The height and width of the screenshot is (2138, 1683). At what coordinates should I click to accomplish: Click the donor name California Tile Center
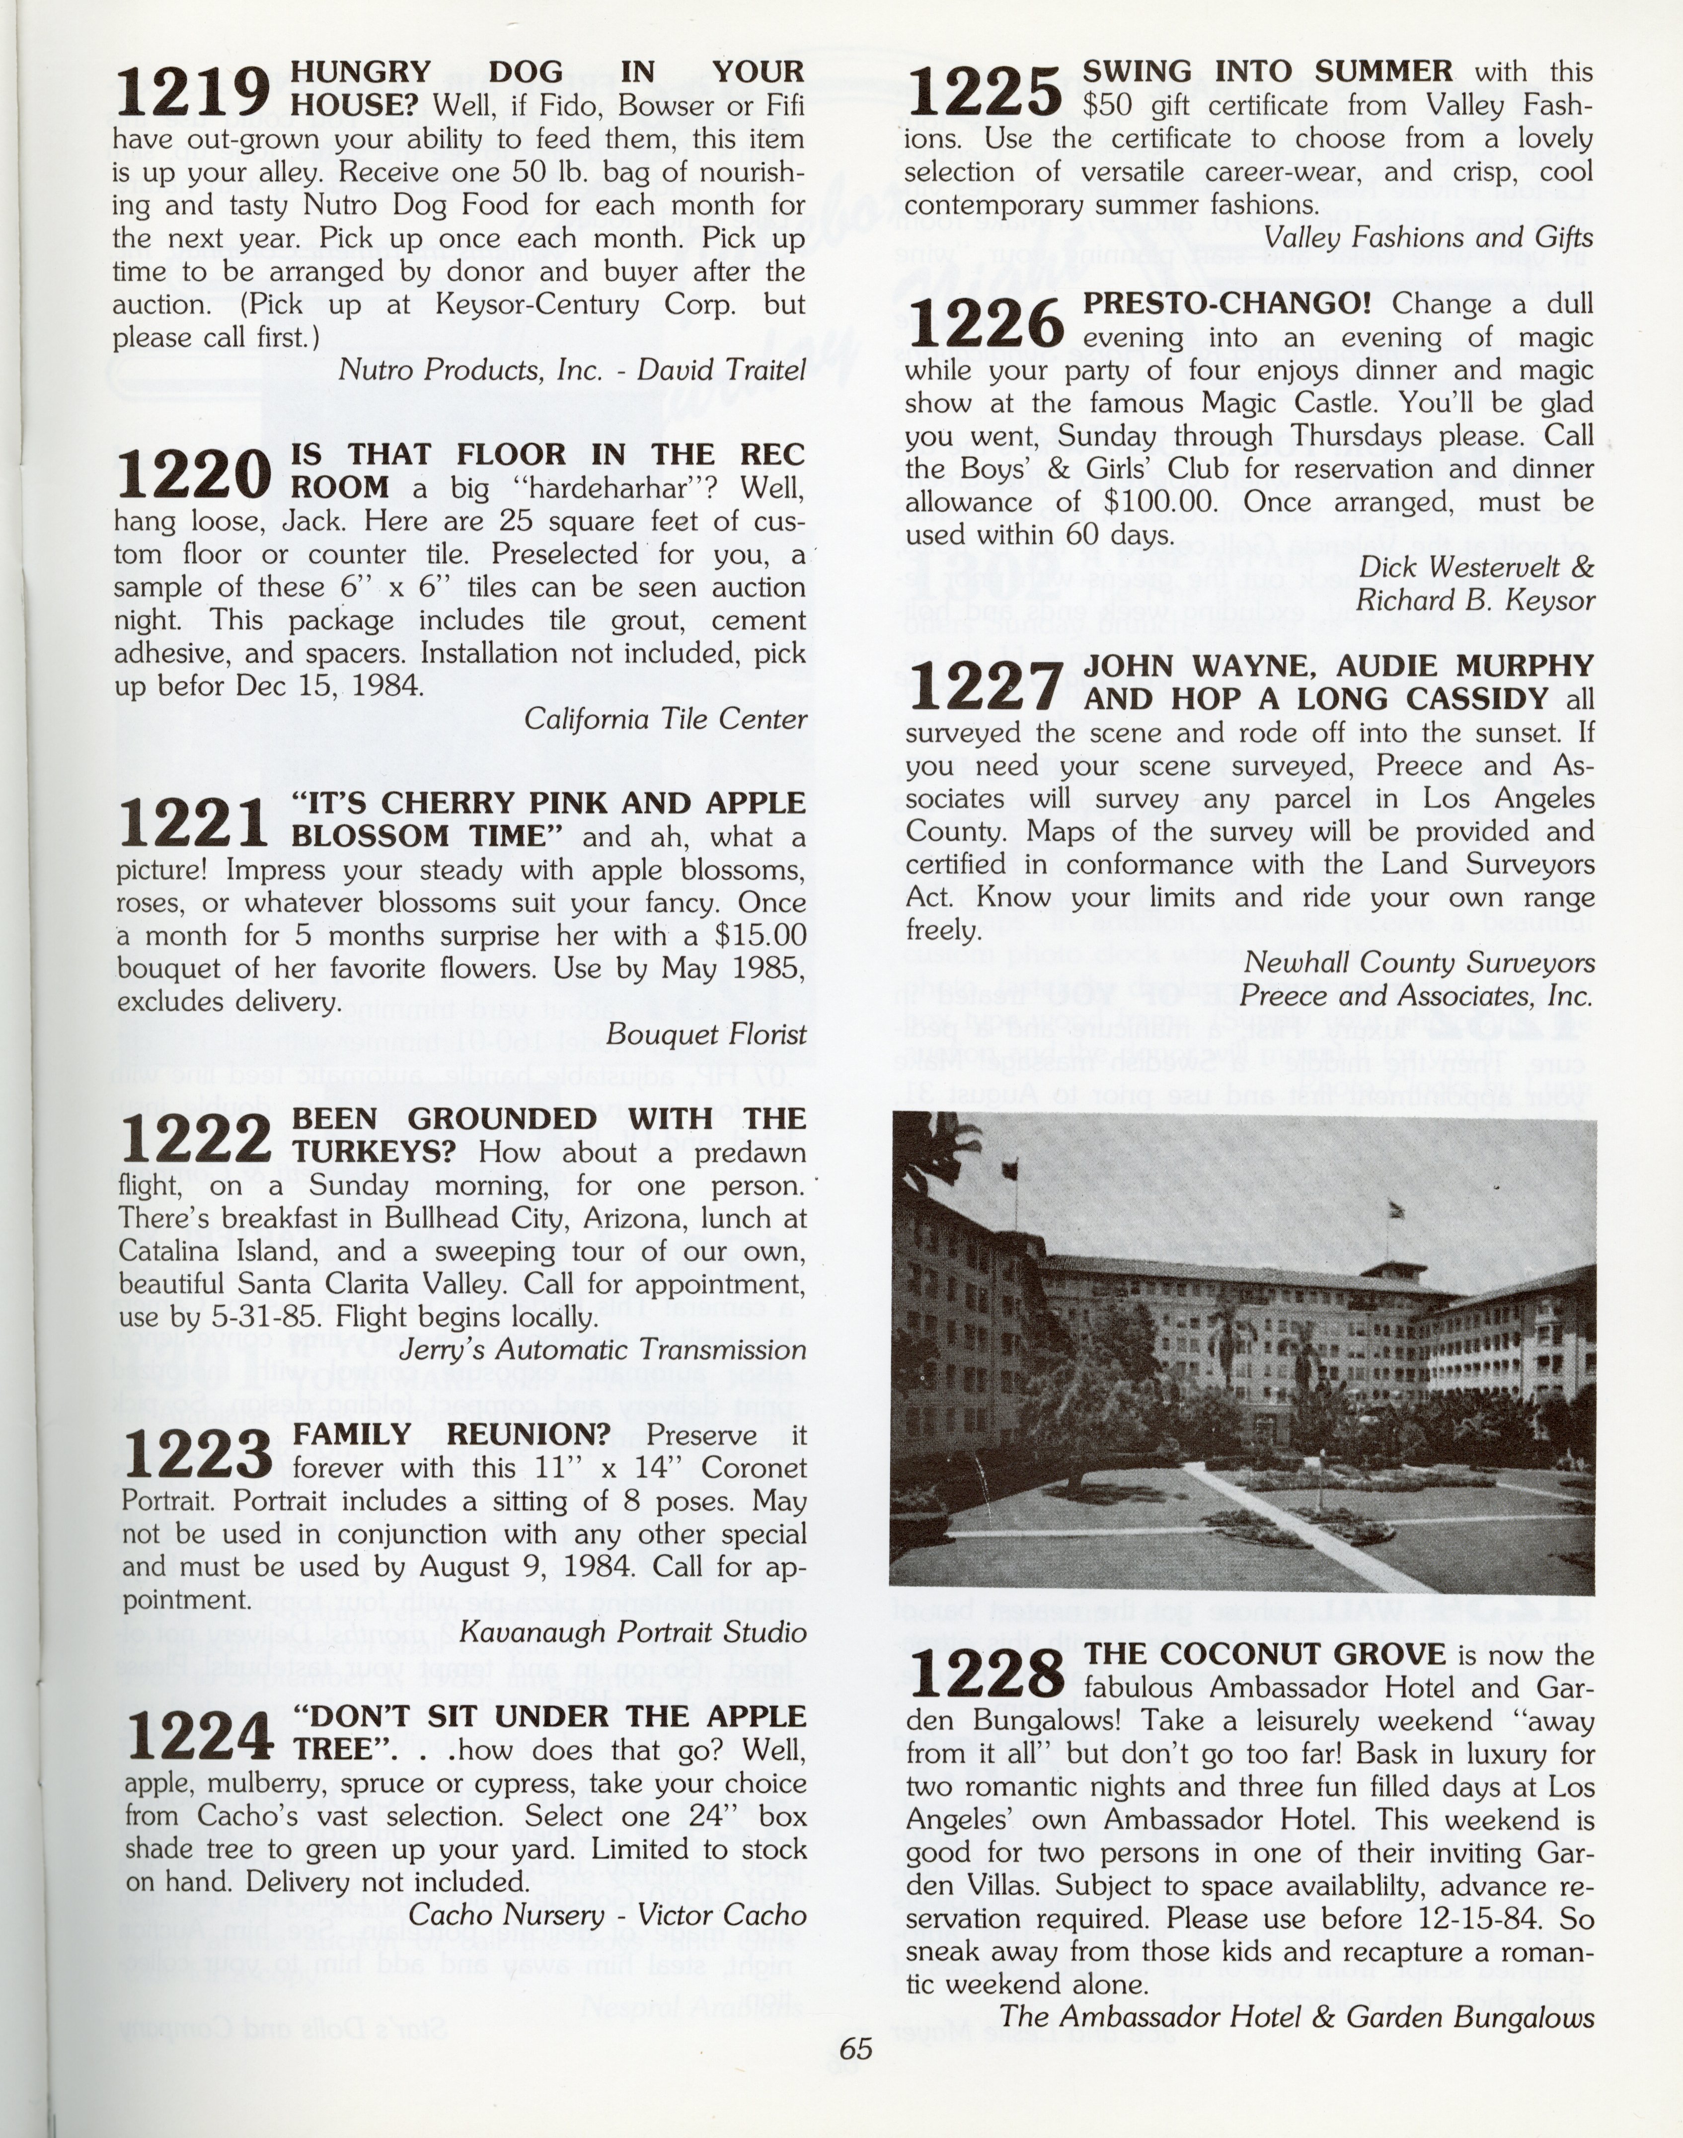(665, 719)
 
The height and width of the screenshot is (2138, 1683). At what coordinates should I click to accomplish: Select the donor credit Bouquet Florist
(705, 1033)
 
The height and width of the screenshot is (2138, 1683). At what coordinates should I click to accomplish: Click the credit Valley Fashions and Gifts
(1428, 237)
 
